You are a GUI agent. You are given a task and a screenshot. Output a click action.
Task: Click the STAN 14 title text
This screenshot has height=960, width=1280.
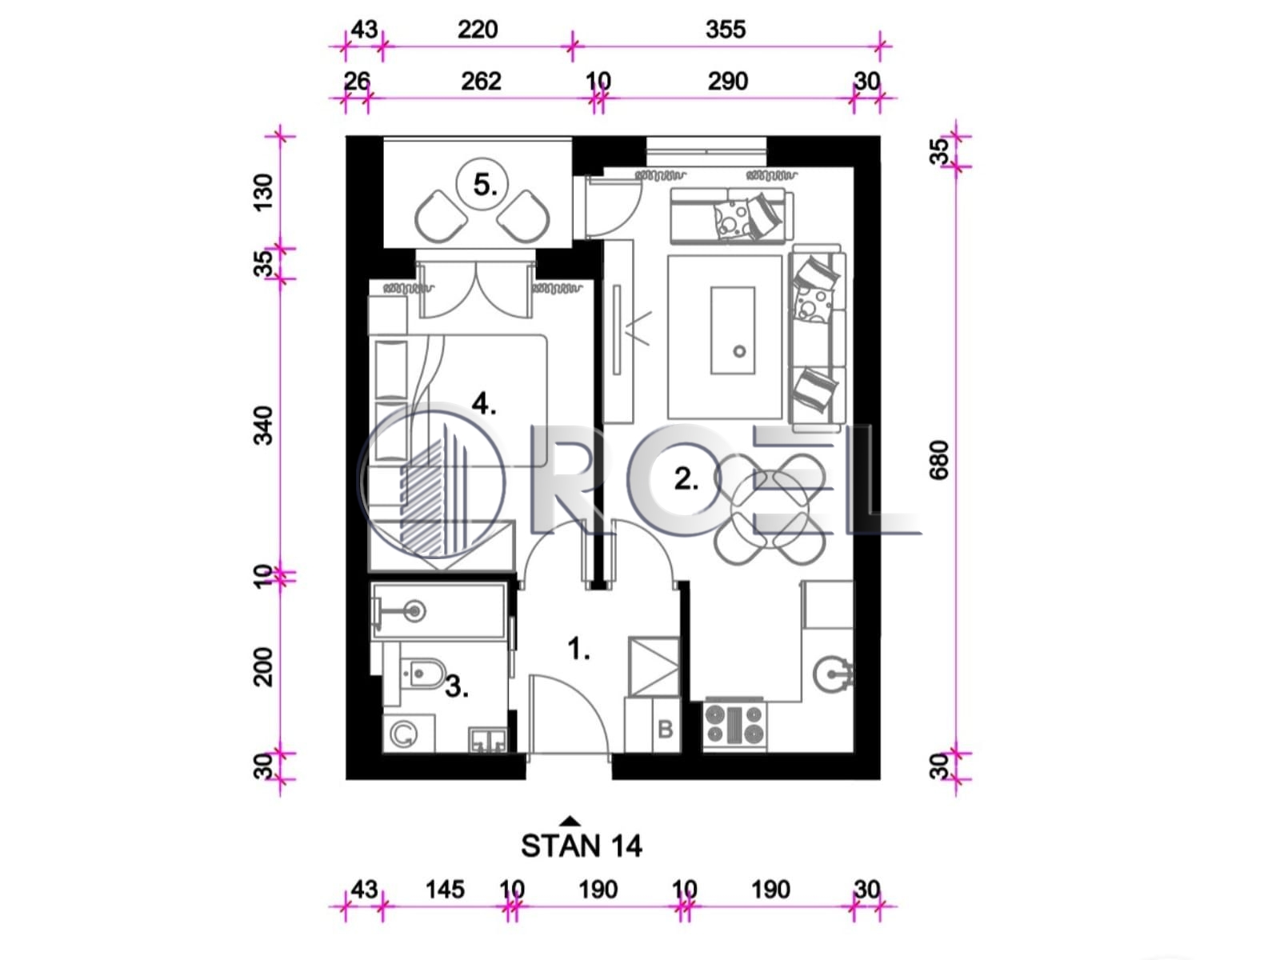click(582, 846)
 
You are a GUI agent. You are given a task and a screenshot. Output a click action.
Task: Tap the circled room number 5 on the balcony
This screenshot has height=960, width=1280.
click(482, 184)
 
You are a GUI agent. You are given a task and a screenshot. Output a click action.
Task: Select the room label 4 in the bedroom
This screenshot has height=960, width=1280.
click(484, 403)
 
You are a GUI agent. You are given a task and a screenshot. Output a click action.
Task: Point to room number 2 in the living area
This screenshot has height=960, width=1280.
click(686, 479)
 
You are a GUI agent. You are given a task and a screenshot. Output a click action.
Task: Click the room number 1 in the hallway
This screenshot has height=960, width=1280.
click(578, 649)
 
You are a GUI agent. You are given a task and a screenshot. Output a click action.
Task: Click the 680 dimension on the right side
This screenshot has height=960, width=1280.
click(938, 461)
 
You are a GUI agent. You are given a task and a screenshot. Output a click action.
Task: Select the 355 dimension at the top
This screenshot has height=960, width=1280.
click(726, 29)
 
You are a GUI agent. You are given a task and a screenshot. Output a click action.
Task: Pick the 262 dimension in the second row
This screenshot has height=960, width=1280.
click(481, 81)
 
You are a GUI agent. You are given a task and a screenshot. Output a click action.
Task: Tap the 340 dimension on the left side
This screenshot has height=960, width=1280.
click(263, 426)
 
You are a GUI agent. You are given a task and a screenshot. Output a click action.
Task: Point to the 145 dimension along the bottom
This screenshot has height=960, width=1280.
click(445, 890)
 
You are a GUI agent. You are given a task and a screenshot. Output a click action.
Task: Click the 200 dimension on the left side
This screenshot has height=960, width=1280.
click(263, 667)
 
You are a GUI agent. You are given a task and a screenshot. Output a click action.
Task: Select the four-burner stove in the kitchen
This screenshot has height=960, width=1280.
click(734, 725)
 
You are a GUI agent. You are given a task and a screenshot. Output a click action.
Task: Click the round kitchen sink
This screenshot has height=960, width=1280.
click(834, 675)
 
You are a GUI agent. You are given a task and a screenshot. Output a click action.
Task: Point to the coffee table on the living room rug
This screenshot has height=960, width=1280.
click(733, 330)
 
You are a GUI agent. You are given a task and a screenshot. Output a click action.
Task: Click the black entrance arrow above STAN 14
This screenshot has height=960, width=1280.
click(570, 822)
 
